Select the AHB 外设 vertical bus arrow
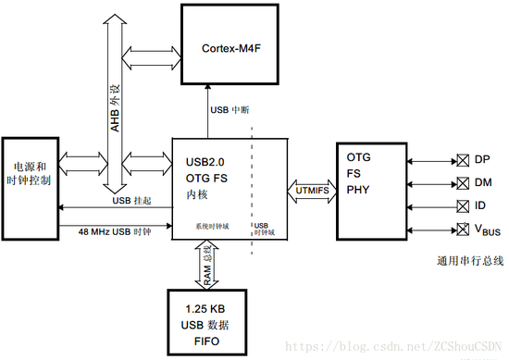tap(116, 102)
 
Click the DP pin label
tap(481, 159)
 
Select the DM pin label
tap(482, 182)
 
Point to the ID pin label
tap(480, 205)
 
